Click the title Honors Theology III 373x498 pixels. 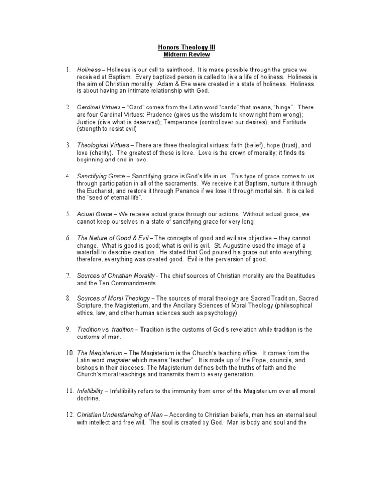coord(186,47)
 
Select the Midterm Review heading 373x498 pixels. coord(186,54)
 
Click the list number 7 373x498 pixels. coord(68,276)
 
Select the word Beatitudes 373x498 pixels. coord(299,276)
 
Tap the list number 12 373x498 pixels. coord(69,415)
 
